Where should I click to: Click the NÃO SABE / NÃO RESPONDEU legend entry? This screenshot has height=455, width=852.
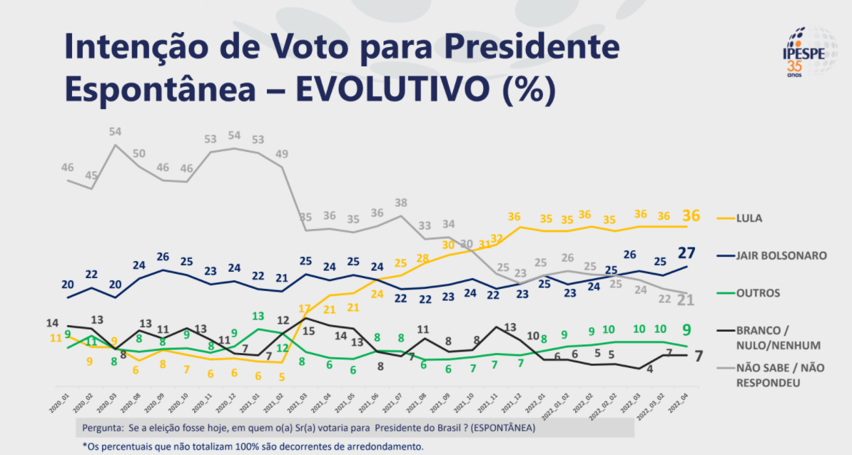pyautogui.click(x=771, y=376)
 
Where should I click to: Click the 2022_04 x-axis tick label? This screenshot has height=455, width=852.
pyautogui.click(x=681, y=398)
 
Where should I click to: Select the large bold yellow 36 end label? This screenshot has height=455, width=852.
pyautogui.click(x=690, y=215)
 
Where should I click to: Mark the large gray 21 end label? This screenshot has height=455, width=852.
pyautogui.click(x=686, y=300)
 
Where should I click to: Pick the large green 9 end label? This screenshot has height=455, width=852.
pyautogui.click(x=685, y=329)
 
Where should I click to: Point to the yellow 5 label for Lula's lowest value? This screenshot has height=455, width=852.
pyautogui.click(x=282, y=377)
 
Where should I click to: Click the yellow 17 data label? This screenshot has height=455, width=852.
pyautogui.click(x=305, y=309)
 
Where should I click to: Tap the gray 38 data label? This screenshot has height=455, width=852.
pyautogui.click(x=401, y=203)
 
